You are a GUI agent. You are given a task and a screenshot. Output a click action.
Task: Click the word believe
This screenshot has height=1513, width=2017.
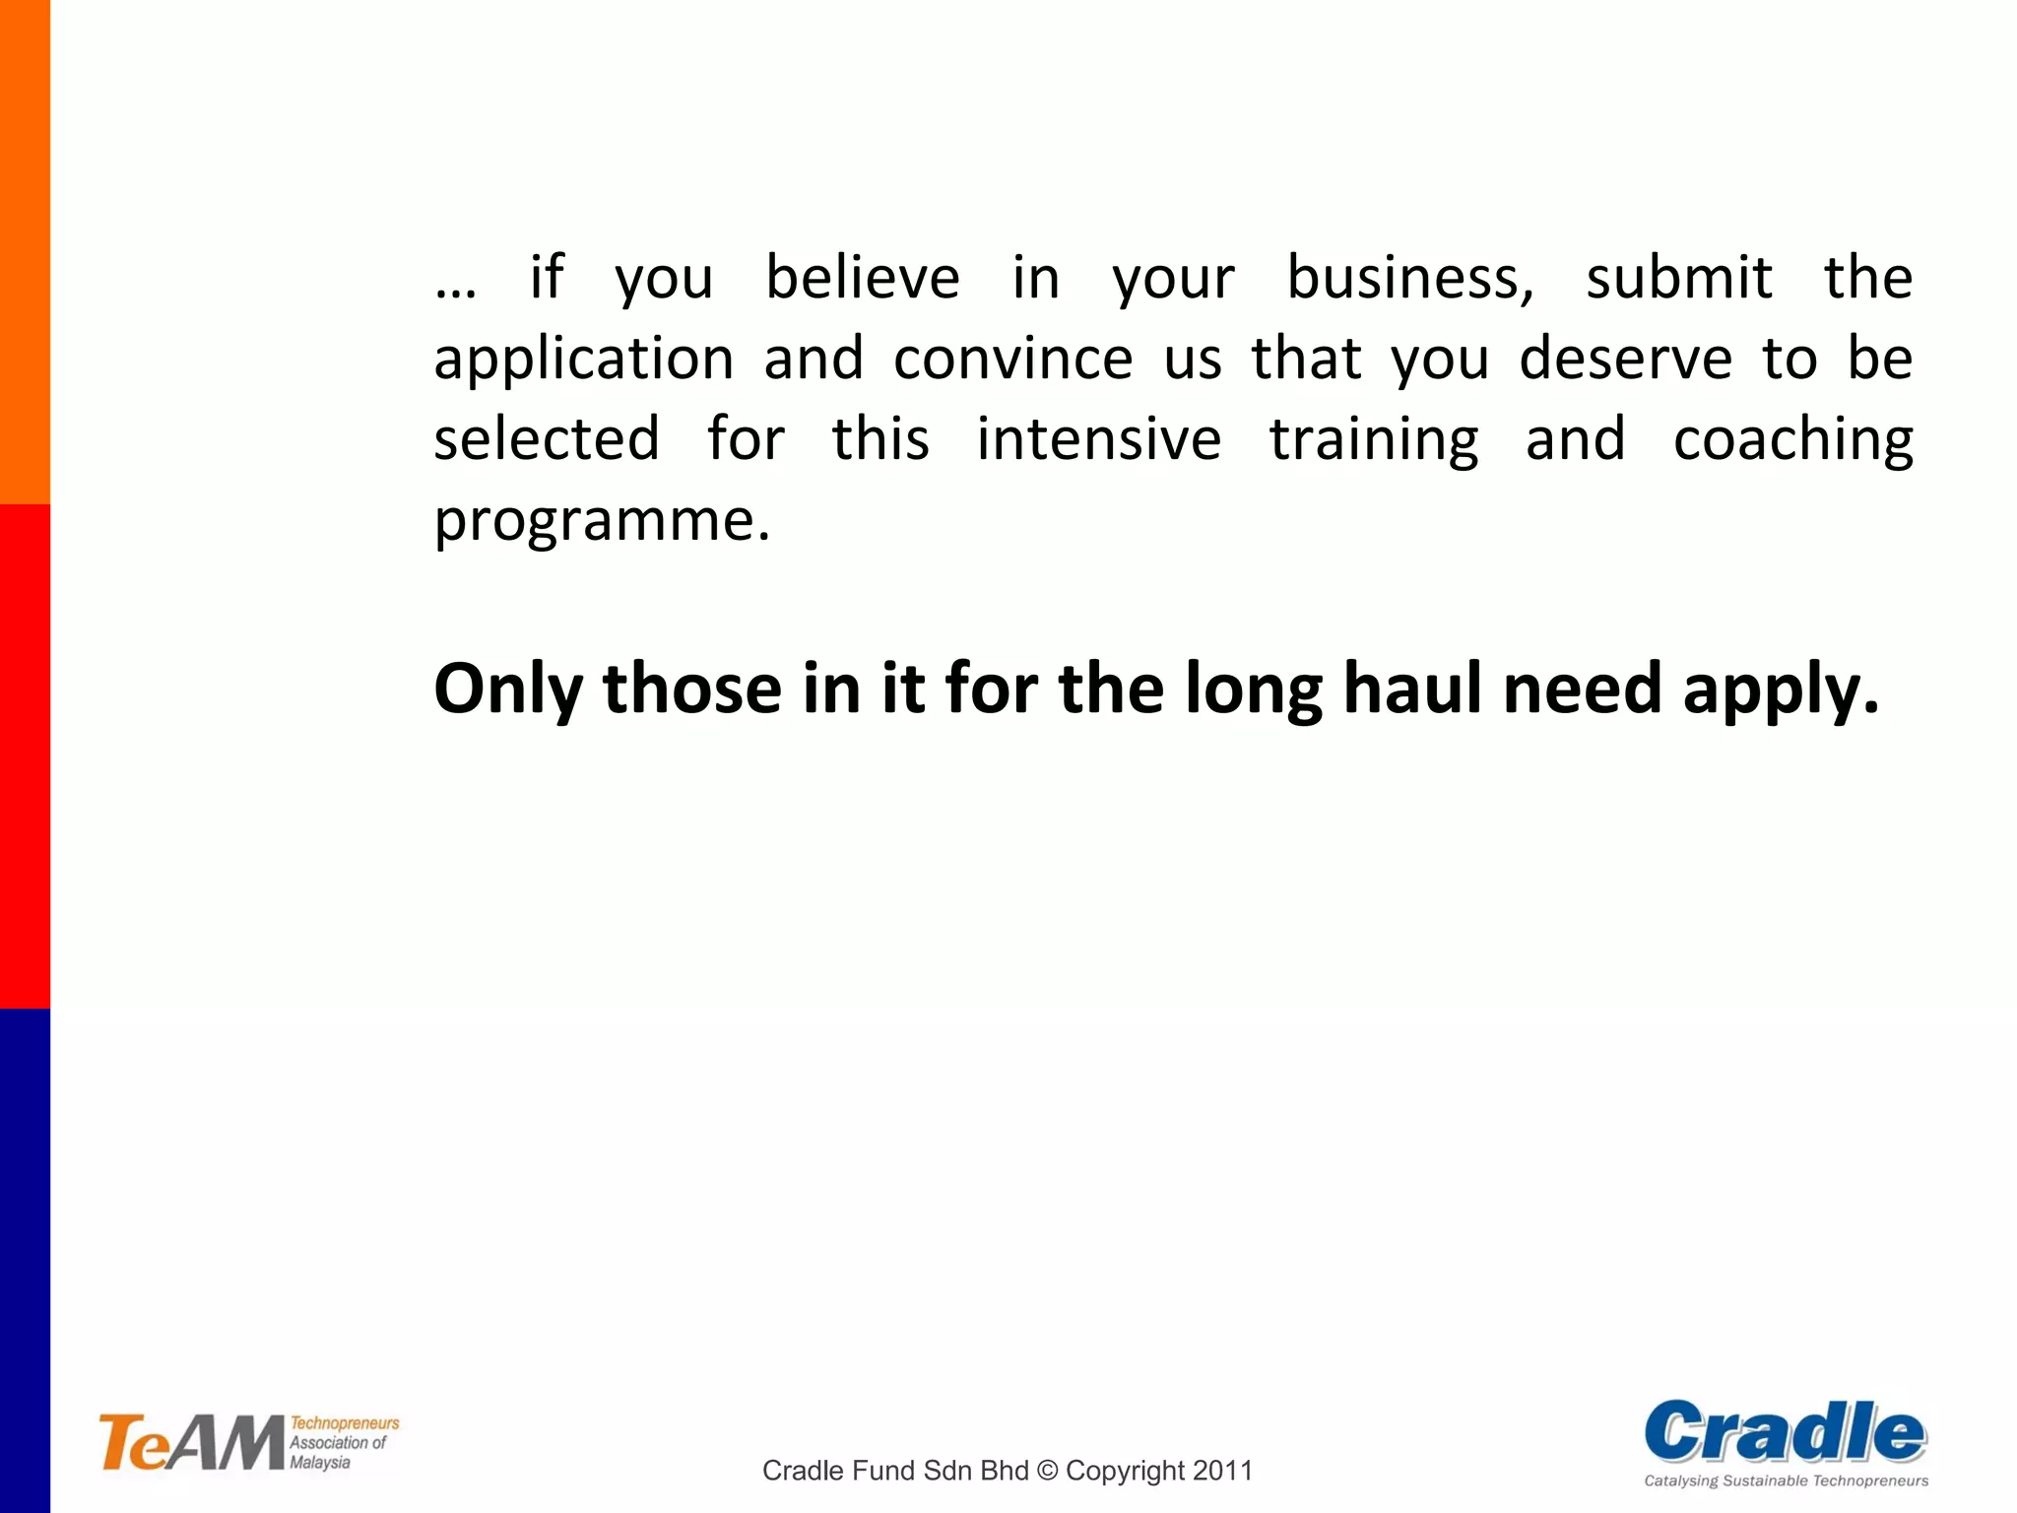[863, 278]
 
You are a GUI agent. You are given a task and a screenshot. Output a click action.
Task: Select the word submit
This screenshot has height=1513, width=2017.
[1679, 278]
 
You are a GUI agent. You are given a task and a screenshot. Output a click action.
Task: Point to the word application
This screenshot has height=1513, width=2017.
[584, 361]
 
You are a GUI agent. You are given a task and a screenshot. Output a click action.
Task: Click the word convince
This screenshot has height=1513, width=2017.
[1013, 359]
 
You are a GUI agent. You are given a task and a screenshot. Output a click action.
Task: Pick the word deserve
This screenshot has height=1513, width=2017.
[1625, 359]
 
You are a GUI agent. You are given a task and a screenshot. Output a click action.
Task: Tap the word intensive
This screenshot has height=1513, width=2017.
[1099, 439]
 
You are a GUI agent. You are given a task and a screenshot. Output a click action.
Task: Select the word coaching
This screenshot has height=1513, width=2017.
[1792, 441]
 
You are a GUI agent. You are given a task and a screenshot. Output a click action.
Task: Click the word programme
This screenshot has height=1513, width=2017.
[601, 522]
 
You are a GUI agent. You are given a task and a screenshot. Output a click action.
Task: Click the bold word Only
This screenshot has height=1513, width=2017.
[508, 690]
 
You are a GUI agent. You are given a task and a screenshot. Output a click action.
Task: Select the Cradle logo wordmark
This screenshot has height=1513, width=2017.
[1785, 1432]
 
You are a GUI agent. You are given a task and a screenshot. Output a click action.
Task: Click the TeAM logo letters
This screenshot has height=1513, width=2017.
[191, 1444]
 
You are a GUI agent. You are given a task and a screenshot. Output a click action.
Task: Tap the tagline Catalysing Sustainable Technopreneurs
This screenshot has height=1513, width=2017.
[1786, 1480]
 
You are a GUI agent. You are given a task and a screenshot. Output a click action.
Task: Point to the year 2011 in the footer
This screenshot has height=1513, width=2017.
[1222, 1471]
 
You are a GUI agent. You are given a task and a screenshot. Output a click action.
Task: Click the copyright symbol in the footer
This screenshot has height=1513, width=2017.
[1047, 1471]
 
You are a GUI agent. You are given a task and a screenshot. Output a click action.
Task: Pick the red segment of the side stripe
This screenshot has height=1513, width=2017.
[25, 756]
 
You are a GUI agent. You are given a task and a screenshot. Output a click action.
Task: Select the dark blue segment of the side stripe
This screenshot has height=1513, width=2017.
[25, 1261]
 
